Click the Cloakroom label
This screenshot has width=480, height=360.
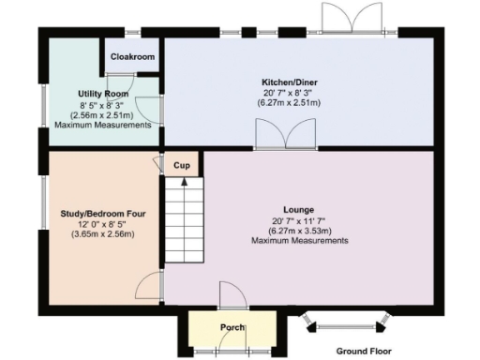click(132, 57)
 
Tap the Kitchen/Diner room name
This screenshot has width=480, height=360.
click(291, 82)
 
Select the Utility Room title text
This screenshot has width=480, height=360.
click(102, 94)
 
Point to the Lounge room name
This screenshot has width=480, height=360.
click(299, 209)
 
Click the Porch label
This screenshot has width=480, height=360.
click(232, 327)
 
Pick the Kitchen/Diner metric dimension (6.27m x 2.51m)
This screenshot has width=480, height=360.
click(291, 102)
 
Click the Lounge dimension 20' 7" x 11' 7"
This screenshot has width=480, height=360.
click(299, 220)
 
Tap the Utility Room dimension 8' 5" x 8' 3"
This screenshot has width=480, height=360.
click(102, 104)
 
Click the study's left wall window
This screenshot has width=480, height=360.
click(42, 202)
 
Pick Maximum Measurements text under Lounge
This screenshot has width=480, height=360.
click(299, 241)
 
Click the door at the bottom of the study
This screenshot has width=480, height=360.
click(150, 287)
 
